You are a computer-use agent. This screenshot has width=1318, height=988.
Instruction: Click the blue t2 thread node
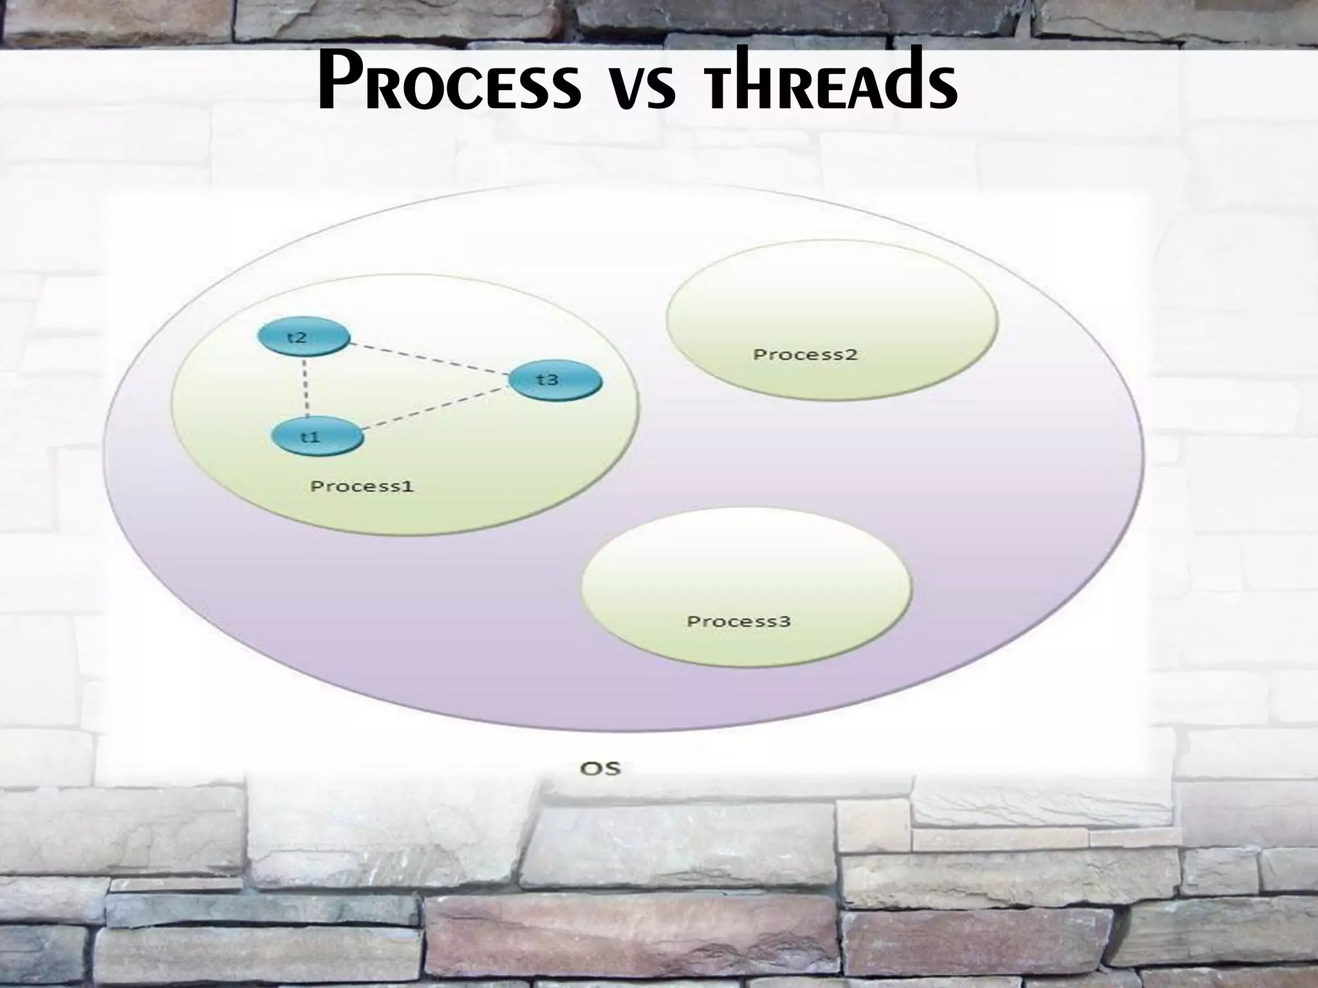[x=303, y=338]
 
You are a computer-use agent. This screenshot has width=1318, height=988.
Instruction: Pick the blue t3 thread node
[x=555, y=380]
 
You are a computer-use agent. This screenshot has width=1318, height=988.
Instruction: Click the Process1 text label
[x=362, y=486]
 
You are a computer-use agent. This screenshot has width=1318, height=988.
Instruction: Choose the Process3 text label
[x=738, y=621]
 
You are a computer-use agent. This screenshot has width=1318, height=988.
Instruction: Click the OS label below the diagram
[x=600, y=768]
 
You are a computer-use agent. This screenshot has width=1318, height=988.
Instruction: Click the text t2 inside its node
[x=297, y=338]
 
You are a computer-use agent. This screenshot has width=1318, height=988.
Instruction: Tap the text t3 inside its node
[x=548, y=380]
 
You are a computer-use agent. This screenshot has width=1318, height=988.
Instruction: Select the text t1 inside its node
[x=311, y=437]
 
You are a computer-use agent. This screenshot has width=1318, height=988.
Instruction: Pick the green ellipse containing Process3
[x=747, y=566]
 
